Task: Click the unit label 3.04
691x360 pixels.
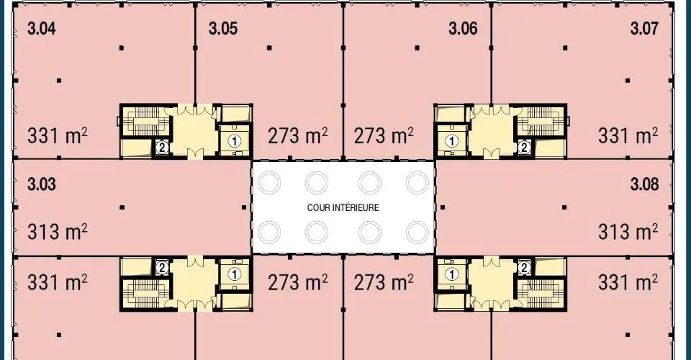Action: point(42,29)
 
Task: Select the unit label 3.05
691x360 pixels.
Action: point(223,29)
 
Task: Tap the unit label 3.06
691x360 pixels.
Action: point(463,29)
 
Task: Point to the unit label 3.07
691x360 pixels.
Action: point(644,29)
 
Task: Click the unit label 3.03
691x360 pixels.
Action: point(42,184)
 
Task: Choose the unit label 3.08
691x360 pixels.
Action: point(644,184)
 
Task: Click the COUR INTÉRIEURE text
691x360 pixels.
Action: point(343,207)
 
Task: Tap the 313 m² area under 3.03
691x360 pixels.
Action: point(58,231)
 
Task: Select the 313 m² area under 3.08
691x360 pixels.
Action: point(628,231)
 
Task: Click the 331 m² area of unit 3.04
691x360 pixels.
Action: point(58,135)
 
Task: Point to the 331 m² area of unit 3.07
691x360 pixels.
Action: point(628,135)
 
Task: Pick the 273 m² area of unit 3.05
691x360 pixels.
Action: point(298,135)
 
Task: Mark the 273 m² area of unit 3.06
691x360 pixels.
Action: point(384,135)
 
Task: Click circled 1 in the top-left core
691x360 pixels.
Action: point(235,141)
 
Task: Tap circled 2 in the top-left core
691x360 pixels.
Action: point(162,148)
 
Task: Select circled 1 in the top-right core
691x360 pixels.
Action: point(451,141)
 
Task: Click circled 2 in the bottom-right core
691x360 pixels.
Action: point(524,267)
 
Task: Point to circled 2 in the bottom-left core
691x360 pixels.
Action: point(162,267)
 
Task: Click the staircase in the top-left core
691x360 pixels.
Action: point(145,121)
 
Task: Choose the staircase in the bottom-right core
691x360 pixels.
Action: point(541,294)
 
